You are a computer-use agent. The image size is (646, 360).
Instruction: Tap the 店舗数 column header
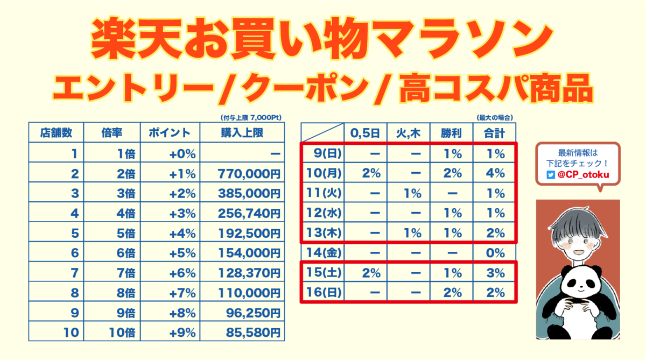pyautogui.click(x=56, y=132)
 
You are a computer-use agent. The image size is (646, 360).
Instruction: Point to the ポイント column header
pyautogui.click(x=170, y=132)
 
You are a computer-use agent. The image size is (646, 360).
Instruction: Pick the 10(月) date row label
pyautogui.click(x=322, y=174)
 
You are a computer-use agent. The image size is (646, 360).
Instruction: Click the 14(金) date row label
pyautogui.click(x=322, y=253)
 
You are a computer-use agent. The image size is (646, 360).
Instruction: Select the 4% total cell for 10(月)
pyautogui.click(x=495, y=174)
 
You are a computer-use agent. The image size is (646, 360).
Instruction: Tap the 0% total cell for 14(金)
pyautogui.click(x=495, y=253)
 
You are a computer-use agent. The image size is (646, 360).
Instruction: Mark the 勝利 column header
pyautogui.click(x=451, y=132)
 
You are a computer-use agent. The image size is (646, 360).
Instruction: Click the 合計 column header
pyautogui.click(x=494, y=132)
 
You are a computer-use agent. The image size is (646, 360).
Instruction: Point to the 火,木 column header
pyautogui.click(x=408, y=132)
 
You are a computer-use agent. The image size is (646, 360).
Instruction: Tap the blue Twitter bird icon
pyautogui.click(x=550, y=175)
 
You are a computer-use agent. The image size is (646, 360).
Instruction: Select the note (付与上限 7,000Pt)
pyautogui.click(x=251, y=117)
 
